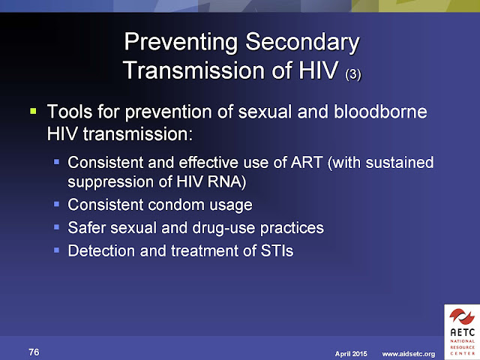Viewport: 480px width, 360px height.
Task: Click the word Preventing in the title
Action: pyautogui.click(x=181, y=43)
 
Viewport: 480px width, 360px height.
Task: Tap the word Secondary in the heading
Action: pyautogui.click(x=302, y=43)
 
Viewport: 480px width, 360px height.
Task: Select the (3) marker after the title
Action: pyautogui.click(x=353, y=75)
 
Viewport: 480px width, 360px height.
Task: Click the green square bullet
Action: pyautogui.click(x=33, y=110)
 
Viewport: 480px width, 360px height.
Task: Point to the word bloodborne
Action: pyautogui.click(x=380, y=112)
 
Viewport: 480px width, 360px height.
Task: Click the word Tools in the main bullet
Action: pyautogui.click(x=70, y=112)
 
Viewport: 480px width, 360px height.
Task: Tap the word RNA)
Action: pyautogui.click(x=226, y=181)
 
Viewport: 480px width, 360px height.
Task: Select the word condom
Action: pyautogui.click(x=176, y=205)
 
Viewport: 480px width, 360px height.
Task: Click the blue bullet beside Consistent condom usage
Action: pyautogui.click(x=56, y=204)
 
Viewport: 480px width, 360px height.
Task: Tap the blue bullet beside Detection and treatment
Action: pyautogui.click(x=56, y=250)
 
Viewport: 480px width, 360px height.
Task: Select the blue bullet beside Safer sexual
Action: pyautogui.click(x=56, y=227)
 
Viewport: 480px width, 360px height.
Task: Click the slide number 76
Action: pyautogui.click(x=34, y=352)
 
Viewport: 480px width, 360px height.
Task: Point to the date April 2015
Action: pyautogui.click(x=351, y=354)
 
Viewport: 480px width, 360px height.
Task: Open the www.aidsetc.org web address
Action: pyautogui.click(x=408, y=354)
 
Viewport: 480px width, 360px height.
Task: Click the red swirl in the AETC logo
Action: pyautogui.click(x=462, y=316)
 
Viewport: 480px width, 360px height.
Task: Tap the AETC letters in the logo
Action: pyautogui.click(x=462, y=332)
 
